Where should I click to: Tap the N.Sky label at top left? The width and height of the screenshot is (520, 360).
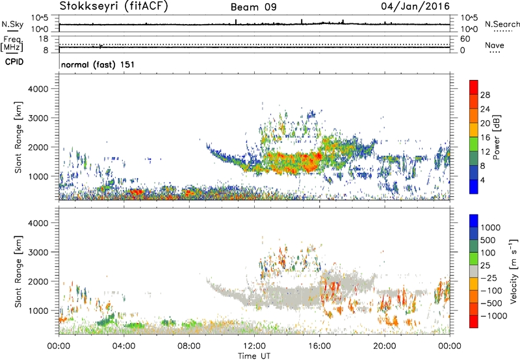[11, 25]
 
